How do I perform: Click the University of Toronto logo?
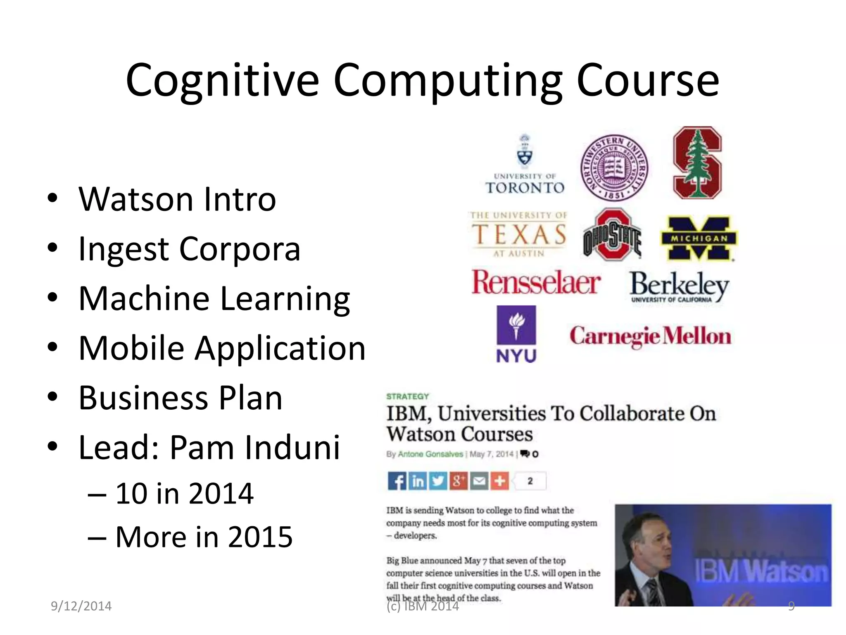525,165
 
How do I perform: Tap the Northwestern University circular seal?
614,168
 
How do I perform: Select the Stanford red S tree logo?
697,163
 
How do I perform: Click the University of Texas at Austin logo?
519,234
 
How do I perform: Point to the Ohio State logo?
612,235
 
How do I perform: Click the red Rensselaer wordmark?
536,283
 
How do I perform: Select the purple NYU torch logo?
516,334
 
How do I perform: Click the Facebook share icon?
397,481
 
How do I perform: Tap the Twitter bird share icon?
438,481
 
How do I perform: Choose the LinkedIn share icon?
418,481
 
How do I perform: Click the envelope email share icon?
479,481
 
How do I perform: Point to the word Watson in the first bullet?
136,200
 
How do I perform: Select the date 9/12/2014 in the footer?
81,606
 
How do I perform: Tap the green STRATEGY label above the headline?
408,396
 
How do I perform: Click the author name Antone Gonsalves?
430,454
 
